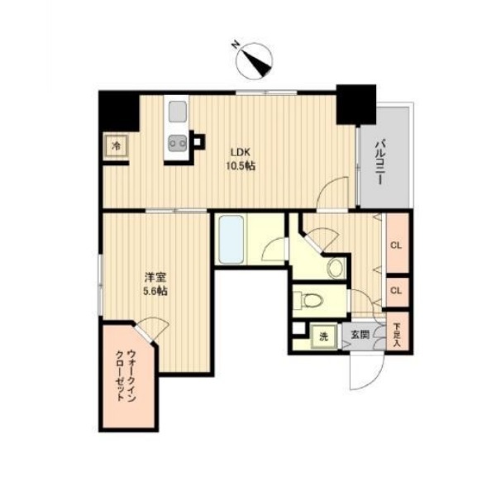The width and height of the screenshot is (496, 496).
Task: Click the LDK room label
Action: pyautogui.click(x=241, y=152)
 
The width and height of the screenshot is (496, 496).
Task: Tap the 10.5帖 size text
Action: pyautogui.click(x=241, y=166)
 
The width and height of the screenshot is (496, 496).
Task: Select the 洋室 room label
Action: pyautogui.click(x=155, y=278)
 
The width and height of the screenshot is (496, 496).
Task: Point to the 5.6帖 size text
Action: pyautogui.click(x=155, y=291)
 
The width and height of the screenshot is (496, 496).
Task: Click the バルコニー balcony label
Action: pyautogui.click(x=379, y=161)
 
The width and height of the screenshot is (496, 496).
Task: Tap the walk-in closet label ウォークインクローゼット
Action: pyautogui.click(x=126, y=375)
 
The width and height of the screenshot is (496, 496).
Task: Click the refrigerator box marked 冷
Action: pyautogui.click(x=117, y=145)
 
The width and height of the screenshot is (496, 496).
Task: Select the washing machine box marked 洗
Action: pyautogui.click(x=323, y=337)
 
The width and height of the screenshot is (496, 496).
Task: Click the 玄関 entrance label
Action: pyautogui.click(x=360, y=334)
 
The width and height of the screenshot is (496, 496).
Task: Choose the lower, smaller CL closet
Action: pyautogui.click(x=398, y=292)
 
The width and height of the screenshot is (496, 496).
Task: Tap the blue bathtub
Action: pyautogui.click(x=231, y=240)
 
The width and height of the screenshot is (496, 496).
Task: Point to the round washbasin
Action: pyautogui.click(x=336, y=268)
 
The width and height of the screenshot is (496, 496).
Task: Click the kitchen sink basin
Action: pyautogui.click(x=178, y=112)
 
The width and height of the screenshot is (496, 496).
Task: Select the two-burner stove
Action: pyautogui.click(x=178, y=144)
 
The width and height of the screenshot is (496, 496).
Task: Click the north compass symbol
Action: pyautogui.click(x=255, y=61)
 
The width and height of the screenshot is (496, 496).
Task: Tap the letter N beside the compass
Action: pyautogui.click(x=236, y=45)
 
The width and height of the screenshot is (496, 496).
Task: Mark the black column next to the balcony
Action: pyautogui.click(x=356, y=105)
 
